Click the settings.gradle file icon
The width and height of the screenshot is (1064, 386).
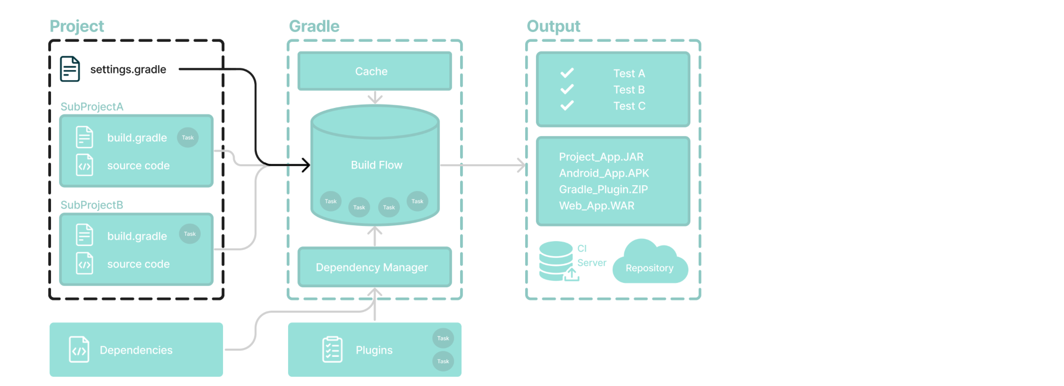coord(69,69)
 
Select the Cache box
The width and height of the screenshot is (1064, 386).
coord(374,71)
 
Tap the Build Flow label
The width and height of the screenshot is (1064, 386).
coord(377,165)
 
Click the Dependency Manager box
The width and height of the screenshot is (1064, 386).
coord(374,267)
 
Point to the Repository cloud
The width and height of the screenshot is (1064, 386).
coord(650,265)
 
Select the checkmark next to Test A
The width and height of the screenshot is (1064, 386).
coord(567,73)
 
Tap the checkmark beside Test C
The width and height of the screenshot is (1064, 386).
coord(567,105)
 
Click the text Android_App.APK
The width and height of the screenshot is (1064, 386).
coord(603,173)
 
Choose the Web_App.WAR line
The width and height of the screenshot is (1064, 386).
coord(597,206)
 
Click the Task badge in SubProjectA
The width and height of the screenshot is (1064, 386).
coord(188,138)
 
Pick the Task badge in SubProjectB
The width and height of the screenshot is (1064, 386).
coord(189,234)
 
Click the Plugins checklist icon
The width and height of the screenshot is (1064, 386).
coord(332,350)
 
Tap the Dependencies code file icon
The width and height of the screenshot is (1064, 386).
coord(79,350)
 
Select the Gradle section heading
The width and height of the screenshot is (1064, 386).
coord(314,26)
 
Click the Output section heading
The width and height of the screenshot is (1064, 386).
coord(553,26)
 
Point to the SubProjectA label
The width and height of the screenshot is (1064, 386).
coord(92,107)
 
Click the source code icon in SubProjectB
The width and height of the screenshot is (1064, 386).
coord(85,263)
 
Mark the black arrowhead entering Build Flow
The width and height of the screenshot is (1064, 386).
coord(306,165)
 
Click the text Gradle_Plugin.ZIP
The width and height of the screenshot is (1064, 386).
coord(603,190)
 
